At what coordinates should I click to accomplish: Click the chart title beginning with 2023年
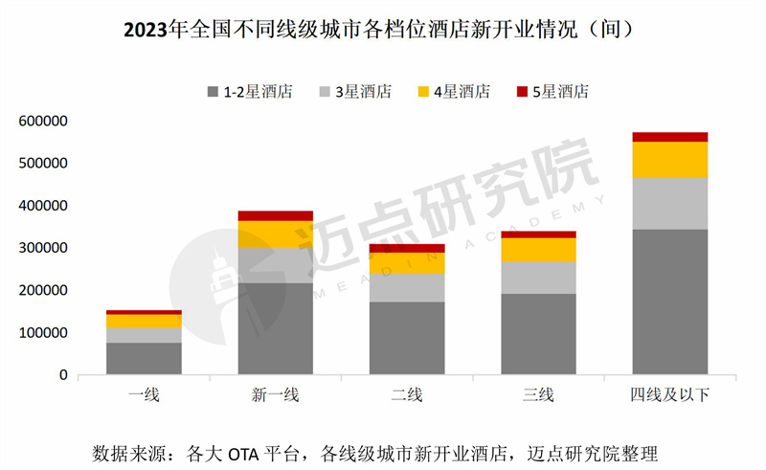click(382, 29)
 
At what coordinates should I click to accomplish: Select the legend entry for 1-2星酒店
click(250, 92)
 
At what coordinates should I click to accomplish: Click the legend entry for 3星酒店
click(355, 92)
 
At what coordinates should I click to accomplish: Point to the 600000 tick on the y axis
click(40, 122)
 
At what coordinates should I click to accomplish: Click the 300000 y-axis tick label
click(40, 248)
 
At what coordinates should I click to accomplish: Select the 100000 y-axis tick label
click(40, 332)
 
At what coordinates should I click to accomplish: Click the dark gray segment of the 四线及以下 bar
click(669, 302)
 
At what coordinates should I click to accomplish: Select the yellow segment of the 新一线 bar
click(275, 235)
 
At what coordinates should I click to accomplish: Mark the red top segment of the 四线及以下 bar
click(669, 137)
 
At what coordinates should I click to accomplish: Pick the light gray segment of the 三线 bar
click(538, 278)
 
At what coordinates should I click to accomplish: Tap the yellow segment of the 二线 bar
click(407, 263)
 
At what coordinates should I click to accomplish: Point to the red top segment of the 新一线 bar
click(275, 215)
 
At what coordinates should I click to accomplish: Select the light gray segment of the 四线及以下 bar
click(669, 203)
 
